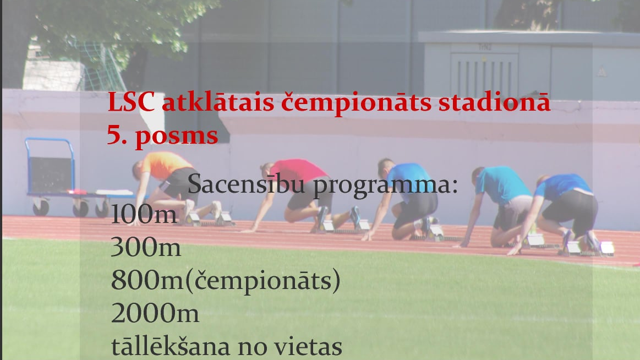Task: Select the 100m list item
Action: (x=144, y=215)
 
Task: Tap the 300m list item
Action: (x=146, y=248)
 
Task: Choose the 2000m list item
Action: (x=155, y=314)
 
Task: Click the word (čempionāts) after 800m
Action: (x=261, y=281)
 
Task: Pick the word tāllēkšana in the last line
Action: (x=171, y=347)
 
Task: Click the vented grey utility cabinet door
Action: (x=484, y=74)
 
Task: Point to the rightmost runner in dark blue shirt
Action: (x=567, y=204)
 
